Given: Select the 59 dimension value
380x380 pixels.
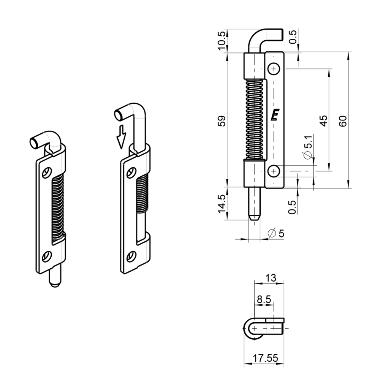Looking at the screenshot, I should click(x=222, y=121).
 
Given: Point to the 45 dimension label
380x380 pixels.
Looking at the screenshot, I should click(x=323, y=121).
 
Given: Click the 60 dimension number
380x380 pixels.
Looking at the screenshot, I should click(x=342, y=121).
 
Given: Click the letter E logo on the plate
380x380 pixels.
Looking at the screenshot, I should click(x=275, y=115).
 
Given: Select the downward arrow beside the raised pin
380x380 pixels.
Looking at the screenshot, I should click(x=121, y=136).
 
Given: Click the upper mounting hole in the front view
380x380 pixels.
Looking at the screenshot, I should click(x=274, y=69).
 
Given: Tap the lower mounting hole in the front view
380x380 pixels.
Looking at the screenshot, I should click(x=274, y=172).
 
